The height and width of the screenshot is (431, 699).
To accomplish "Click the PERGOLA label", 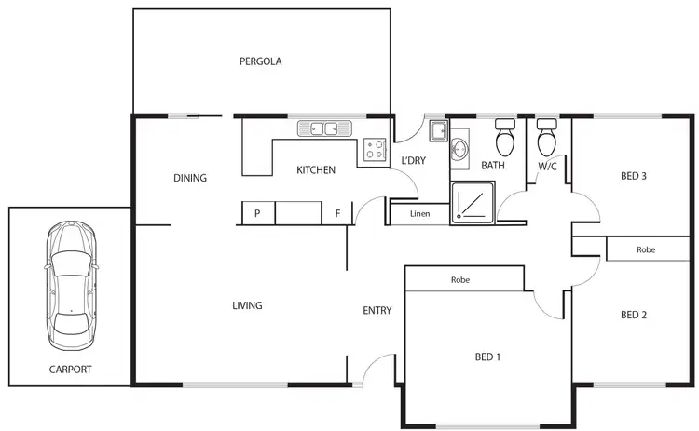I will (x=260, y=61).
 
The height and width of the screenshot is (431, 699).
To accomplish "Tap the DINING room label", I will (x=190, y=178).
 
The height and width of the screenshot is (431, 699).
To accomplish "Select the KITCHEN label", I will (x=316, y=170).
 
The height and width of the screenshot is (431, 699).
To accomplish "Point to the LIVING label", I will (x=247, y=305).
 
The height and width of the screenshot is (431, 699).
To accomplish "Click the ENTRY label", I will (x=377, y=311).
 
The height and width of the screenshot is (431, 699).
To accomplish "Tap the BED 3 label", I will (x=634, y=176).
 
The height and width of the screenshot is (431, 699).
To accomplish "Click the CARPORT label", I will (x=71, y=370).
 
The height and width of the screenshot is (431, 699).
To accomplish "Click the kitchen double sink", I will (x=322, y=128).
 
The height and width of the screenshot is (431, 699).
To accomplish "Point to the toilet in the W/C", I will (x=546, y=139).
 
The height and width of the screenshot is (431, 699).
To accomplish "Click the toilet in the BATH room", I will (x=505, y=139).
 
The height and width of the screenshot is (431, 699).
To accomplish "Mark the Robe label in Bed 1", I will (x=459, y=279).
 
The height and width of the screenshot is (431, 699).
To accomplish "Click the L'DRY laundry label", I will (x=413, y=160).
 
